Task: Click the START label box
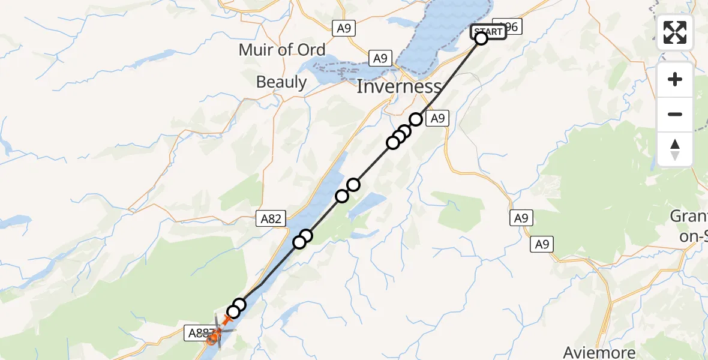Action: coord(488,32)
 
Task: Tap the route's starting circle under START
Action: coord(481,39)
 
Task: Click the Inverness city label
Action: coord(399,86)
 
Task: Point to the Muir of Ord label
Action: coord(282,50)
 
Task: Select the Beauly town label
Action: coord(281,82)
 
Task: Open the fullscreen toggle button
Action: coord(675,32)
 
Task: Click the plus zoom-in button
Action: coord(675,79)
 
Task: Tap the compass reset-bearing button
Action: coord(675,149)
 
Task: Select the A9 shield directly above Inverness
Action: coord(380,58)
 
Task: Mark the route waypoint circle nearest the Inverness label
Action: coord(415,119)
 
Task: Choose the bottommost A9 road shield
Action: coord(543,244)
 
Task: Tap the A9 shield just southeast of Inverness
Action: coord(437,119)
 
